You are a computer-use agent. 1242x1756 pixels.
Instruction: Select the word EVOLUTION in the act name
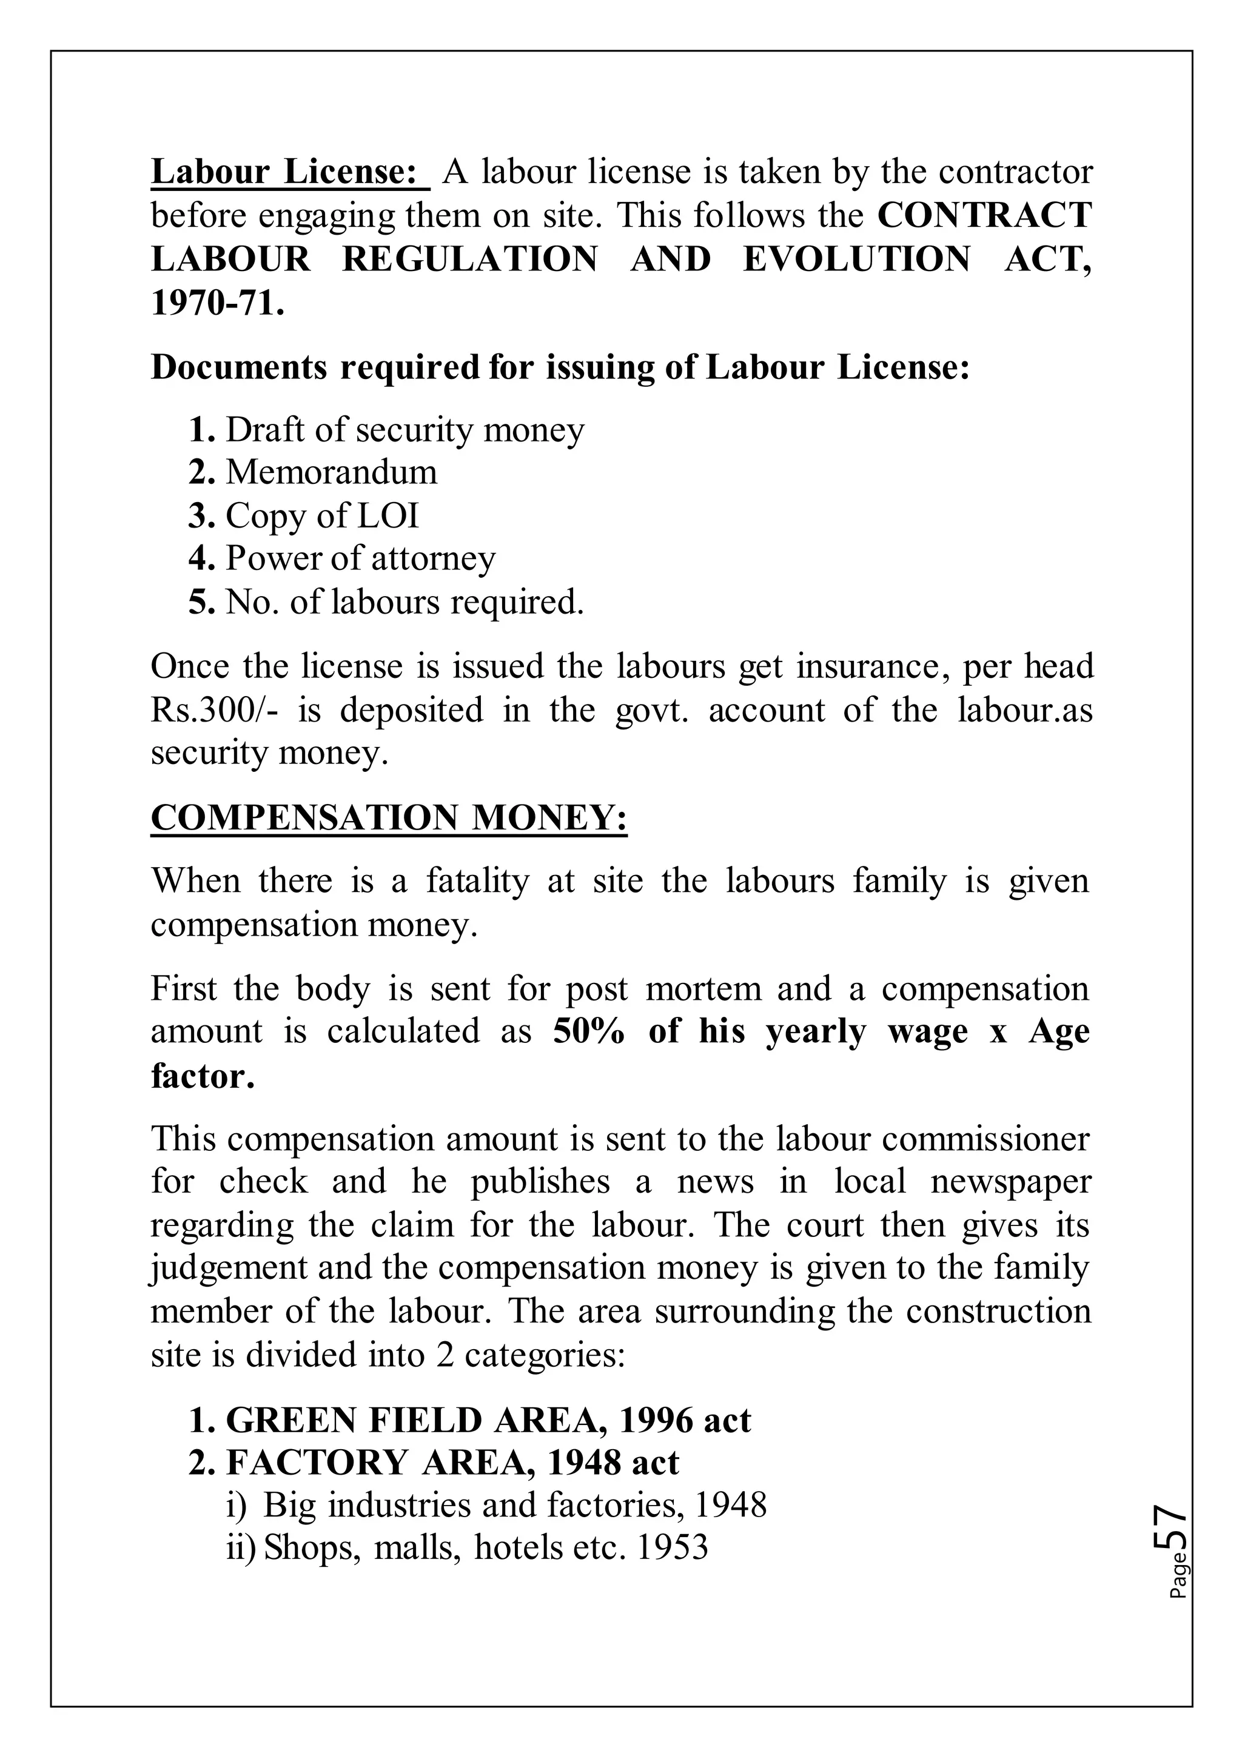tap(856, 260)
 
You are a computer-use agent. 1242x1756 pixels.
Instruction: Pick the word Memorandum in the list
tap(331, 472)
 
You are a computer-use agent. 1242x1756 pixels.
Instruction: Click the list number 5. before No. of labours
tap(202, 603)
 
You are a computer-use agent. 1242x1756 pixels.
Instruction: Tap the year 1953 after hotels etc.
tap(672, 1547)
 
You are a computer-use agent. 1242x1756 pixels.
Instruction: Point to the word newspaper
tap(1010, 1182)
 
